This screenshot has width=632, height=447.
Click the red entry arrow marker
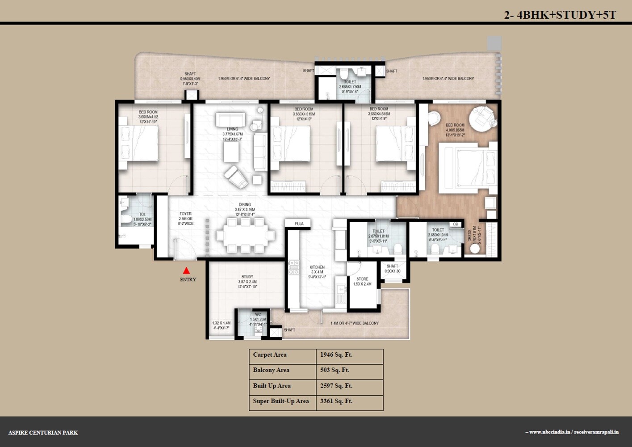[186, 270]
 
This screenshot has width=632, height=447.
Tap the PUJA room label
[299, 223]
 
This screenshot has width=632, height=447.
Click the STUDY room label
[247, 277]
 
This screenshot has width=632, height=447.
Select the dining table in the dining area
[245, 235]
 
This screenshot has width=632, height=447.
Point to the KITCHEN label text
[317, 267]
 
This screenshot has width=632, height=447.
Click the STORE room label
[362, 279]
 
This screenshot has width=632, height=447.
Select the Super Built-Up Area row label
[280, 401]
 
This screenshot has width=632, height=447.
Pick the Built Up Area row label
[272, 386]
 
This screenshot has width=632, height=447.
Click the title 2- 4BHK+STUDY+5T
[560, 15]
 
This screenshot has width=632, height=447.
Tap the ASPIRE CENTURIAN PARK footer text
[43, 433]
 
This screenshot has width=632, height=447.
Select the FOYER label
[185, 214]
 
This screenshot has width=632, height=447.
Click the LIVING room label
[232, 129]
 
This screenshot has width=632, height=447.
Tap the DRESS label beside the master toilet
[469, 236]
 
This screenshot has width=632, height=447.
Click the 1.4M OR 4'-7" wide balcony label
[355, 323]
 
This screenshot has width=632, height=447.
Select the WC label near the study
[258, 314]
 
